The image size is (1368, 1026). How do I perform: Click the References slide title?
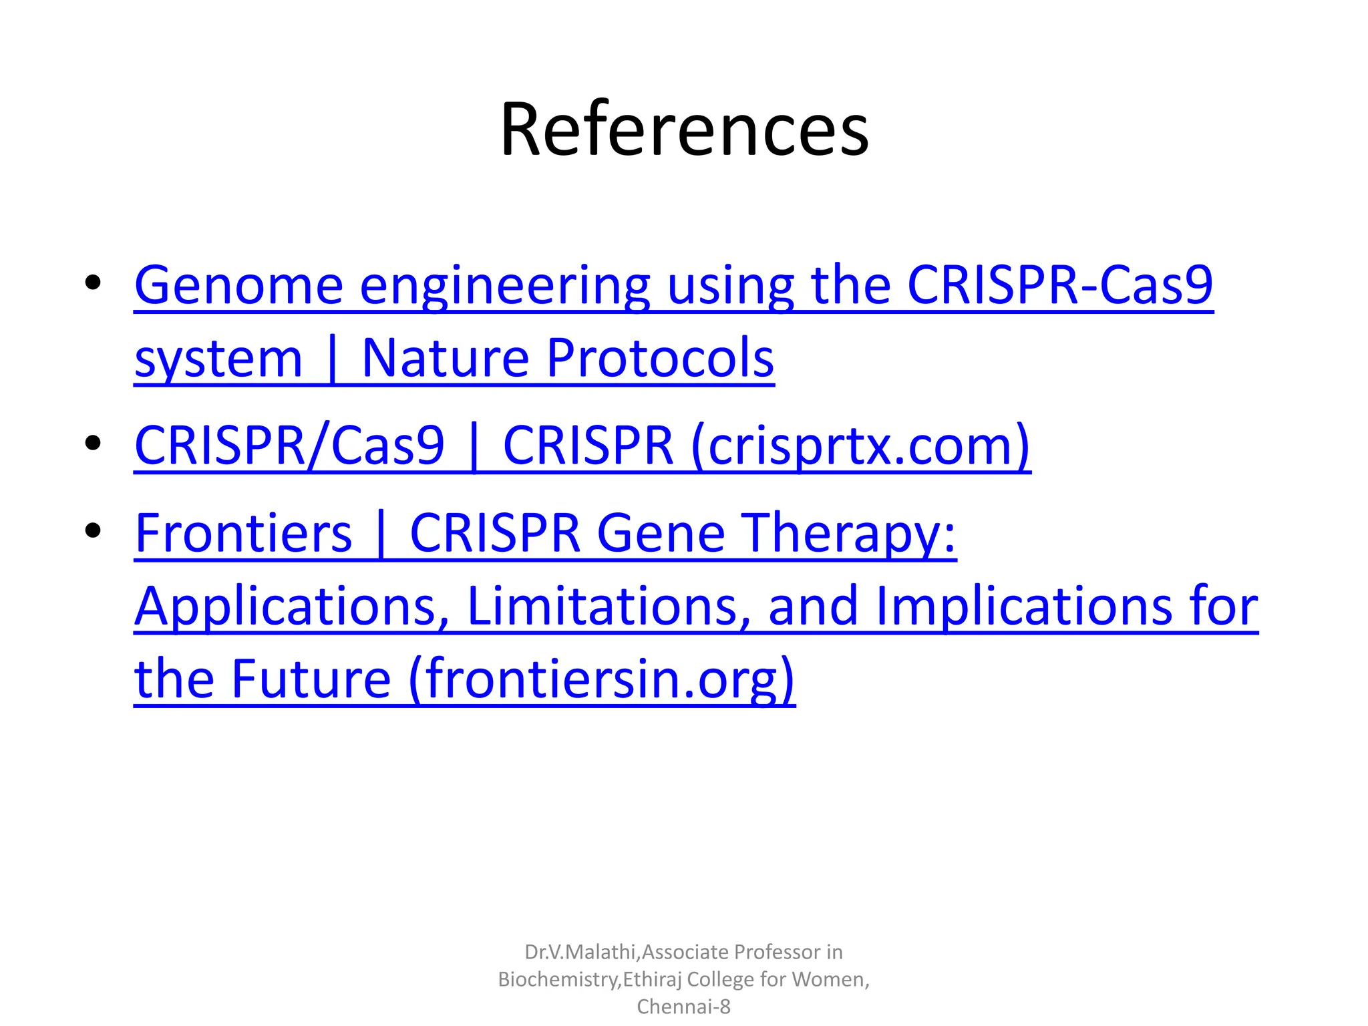point(684,129)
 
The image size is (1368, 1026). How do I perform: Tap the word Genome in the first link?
point(238,286)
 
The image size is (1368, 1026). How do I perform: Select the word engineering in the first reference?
point(504,286)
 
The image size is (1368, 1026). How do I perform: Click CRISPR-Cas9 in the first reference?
point(1059,286)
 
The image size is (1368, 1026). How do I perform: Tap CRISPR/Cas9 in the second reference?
point(289,446)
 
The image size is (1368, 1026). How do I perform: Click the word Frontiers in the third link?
point(243,533)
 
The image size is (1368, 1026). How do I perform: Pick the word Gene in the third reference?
point(661,533)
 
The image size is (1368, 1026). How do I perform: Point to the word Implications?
point(1023,606)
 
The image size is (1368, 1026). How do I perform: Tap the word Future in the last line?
point(311,679)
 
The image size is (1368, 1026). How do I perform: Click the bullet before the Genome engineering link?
point(93,283)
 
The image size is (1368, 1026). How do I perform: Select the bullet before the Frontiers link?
point(93,530)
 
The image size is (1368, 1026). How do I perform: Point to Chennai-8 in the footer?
point(684,1006)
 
